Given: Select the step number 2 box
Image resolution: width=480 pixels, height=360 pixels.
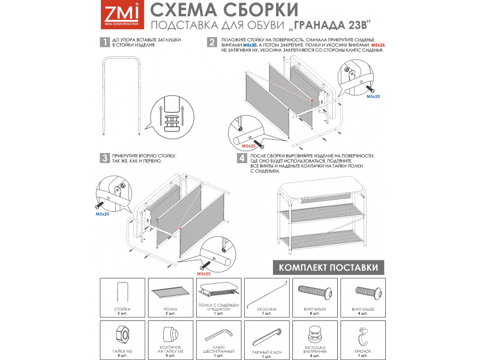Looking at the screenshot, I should click(x=212, y=43).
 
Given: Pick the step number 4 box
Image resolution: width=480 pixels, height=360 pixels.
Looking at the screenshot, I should click(x=241, y=158).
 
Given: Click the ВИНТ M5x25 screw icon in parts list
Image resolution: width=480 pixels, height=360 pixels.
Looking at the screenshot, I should click(x=317, y=293).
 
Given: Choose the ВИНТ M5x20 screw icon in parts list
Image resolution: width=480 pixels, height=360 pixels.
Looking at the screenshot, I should click(x=366, y=293).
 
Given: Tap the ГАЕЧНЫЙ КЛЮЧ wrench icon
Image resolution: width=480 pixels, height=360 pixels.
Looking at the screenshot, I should click(x=268, y=334).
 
